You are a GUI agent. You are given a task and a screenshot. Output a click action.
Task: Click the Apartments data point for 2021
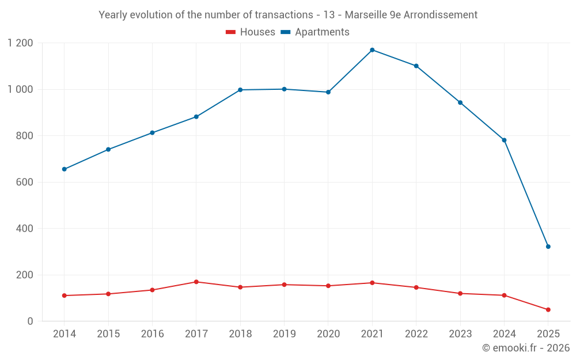[x=372, y=50]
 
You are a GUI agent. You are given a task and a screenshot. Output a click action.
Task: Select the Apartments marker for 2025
[x=548, y=247]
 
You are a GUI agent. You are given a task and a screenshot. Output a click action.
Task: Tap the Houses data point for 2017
[x=196, y=282]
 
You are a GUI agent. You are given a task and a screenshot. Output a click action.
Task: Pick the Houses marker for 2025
[x=548, y=310]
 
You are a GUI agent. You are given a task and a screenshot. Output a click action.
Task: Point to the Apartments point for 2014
[x=65, y=169]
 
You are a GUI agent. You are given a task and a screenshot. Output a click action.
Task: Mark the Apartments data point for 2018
[x=240, y=90]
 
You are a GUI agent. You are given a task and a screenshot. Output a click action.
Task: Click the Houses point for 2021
[x=372, y=283]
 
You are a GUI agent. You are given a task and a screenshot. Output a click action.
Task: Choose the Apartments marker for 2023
[x=460, y=103]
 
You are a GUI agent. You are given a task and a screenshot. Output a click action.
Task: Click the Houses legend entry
[x=251, y=32]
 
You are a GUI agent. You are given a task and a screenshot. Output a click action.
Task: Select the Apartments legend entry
[x=315, y=32]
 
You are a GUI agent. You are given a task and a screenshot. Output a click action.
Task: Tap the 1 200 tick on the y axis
[x=21, y=43]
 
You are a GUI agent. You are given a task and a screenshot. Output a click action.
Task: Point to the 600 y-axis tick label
[x=24, y=182]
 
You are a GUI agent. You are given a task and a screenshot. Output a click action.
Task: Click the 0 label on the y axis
[x=31, y=321]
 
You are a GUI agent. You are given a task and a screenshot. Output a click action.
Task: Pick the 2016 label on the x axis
[x=152, y=334]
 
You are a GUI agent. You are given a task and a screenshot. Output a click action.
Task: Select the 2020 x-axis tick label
[x=328, y=334]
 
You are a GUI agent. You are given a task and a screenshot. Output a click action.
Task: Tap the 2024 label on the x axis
[x=504, y=334]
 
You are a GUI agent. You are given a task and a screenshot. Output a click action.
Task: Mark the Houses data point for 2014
[x=65, y=295]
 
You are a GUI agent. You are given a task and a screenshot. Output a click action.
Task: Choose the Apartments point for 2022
[x=416, y=66]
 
